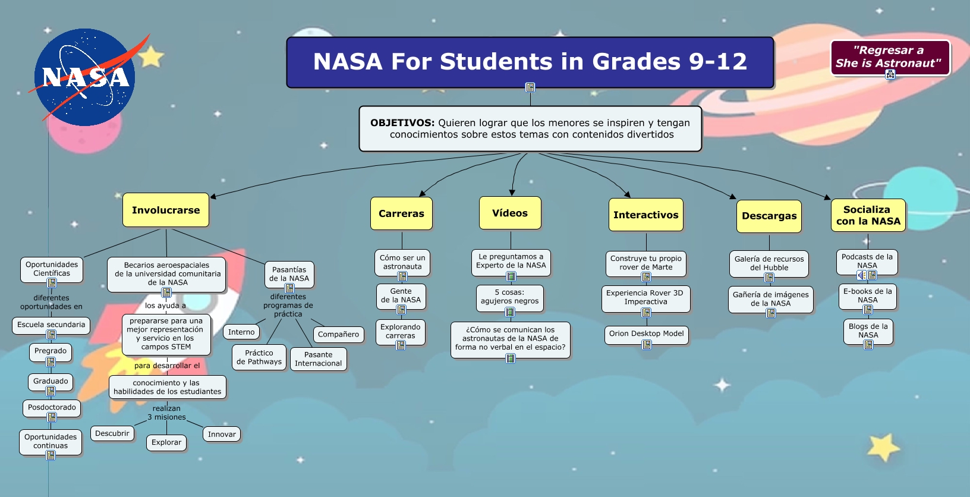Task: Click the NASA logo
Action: point(85,77)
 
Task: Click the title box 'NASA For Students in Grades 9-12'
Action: point(530,62)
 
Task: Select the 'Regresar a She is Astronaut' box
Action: point(889,57)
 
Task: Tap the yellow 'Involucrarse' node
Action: point(166,210)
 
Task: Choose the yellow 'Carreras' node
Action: point(401,213)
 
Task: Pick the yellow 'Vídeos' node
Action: point(510,213)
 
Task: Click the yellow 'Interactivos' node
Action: point(645,215)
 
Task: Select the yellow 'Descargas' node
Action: point(769,216)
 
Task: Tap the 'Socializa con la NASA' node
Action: point(868,215)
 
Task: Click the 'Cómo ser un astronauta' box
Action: point(402,262)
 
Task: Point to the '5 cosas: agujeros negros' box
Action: point(510,296)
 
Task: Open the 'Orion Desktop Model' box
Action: point(646,334)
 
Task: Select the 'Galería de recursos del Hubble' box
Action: point(769,263)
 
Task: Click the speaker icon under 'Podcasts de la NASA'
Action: point(861,275)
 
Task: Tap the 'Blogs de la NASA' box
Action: point(868,331)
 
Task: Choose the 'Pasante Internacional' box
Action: point(318,358)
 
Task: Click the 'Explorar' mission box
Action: point(166,442)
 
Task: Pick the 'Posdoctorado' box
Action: point(52,407)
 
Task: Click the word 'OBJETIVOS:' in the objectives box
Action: point(402,123)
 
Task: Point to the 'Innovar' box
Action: point(222,434)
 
